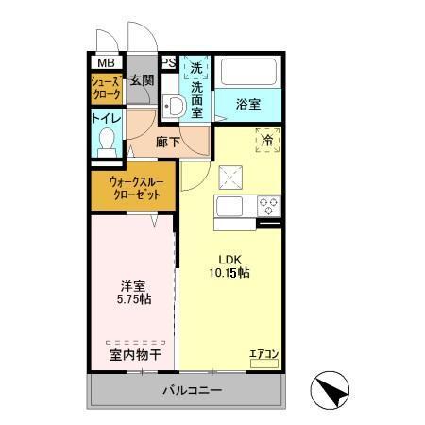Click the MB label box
click(100, 63)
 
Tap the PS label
click(169, 63)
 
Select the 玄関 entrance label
click(142, 80)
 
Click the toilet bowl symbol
click(106, 142)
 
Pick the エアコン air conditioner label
click(263, 354)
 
